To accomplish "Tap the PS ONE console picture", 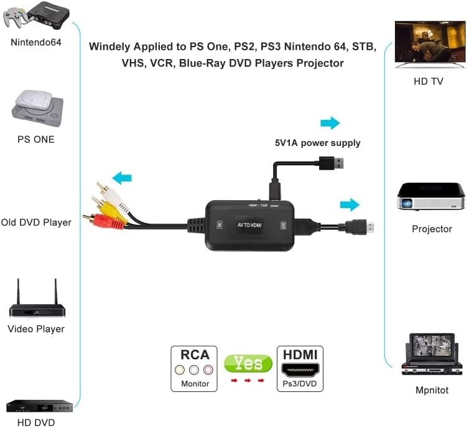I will click(x=36, y=106).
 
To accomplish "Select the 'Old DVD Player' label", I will click(x=36, y=222).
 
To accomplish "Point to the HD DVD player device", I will click(x=39, y=407).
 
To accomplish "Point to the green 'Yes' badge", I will click(x=248, y=363).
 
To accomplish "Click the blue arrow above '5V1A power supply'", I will click(x=330, y=123).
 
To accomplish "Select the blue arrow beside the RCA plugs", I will click(x=122, y=178).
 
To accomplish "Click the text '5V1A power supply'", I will click(x=317, y=143).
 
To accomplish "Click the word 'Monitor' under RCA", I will click(x=194, y=384).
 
